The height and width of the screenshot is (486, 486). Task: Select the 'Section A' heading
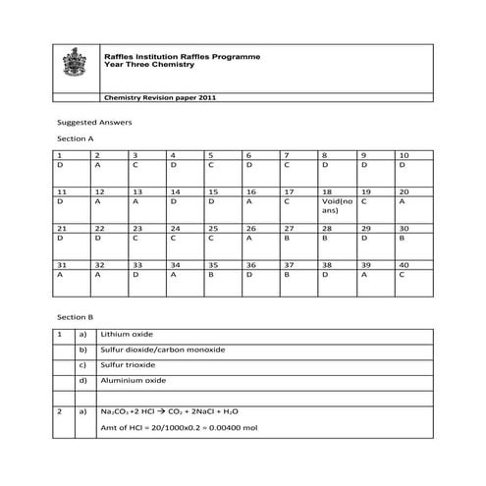pyautogui.click(x=76, y=139)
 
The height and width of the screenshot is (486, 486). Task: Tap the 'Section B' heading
pyautogui.click(x=76, y=317)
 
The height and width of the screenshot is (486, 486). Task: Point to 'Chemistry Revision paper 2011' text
pyautogui.click(x=160, y=99)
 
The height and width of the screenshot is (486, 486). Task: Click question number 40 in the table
pyautogui.click(x=403, y=265)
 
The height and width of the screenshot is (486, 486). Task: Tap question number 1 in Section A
pyautogui.click(x=60, y=155)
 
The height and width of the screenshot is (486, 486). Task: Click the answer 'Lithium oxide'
pyautogui.click(x=121, y=334)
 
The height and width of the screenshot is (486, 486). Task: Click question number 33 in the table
pyautogui.click(x=136, y=265)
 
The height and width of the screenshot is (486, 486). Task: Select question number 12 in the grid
pyautogui.click(x=98, y=191)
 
